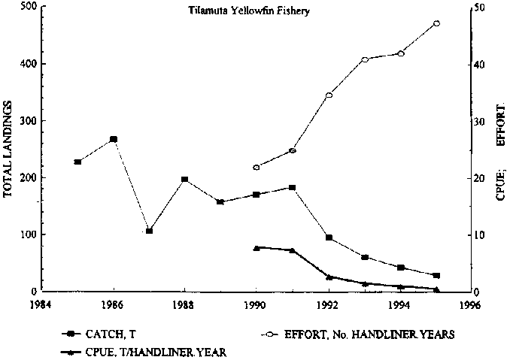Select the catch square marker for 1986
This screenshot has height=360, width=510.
coord(114,139)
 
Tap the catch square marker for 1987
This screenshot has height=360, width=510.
coord(149,231)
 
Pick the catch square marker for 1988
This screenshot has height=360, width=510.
coord(184,180)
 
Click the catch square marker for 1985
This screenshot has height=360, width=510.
coord(77,162)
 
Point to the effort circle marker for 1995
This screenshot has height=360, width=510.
coord(437,23)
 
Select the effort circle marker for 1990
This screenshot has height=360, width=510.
coord(257,167)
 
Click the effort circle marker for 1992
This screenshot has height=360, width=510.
coord(329,95)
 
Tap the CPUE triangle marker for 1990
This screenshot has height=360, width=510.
coord(257,247)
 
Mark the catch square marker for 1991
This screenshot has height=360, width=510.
coord(293,187)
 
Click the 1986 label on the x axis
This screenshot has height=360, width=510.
coord(113,305)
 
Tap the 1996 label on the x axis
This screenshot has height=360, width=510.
coord(471,305)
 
